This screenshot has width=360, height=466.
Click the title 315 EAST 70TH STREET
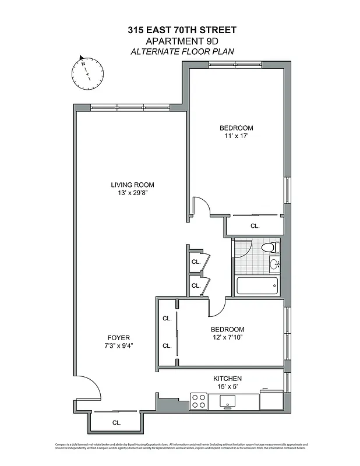coord(182,30)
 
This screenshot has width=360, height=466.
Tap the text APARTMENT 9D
coord(182,41)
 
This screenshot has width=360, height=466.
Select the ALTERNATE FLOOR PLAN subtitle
coord(182,51)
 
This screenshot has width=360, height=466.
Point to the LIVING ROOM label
coord(132,185)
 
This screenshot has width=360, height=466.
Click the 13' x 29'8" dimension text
coord(132,193)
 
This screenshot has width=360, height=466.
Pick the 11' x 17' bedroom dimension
coord(236,136)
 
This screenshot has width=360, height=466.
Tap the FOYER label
coord(118,338)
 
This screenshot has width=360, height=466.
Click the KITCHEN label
coord(227,379)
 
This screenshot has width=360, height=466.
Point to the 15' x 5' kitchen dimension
coord(227,387)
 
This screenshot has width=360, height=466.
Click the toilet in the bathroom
coord(269,248)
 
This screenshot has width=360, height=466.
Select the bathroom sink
coord(274,264)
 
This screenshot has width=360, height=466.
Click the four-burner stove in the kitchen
coord(199,401)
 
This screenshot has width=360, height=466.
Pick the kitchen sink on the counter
coord(227,401)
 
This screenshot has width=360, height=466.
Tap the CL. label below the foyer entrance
coord(117,423)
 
